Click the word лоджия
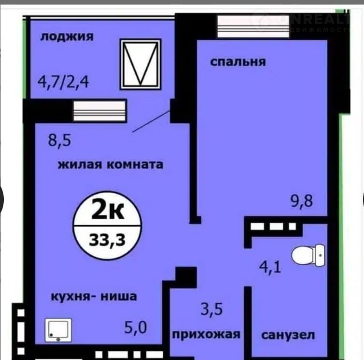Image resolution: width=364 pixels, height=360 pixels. pos(67,37)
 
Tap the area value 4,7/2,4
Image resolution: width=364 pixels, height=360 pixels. pos(63,82)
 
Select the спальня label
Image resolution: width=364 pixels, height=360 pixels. pos(238,62)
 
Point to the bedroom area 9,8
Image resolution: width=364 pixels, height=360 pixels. pos(302,201)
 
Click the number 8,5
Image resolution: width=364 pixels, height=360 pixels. pos(59,140)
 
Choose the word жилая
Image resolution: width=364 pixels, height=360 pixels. pos(80,165)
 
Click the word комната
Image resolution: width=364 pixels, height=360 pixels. pos(135,165)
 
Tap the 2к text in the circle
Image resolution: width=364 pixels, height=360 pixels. pos(108,210)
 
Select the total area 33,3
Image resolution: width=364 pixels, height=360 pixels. pos(107,240)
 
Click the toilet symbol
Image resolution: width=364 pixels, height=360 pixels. pos(308,255)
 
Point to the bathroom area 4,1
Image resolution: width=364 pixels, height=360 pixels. pos(270,267)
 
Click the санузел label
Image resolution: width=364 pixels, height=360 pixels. pos(288,335)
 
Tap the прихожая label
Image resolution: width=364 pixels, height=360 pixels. pos(206,335)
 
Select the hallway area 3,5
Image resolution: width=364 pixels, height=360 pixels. pos(211,309)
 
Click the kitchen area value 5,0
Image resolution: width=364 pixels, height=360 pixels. pos(136,328)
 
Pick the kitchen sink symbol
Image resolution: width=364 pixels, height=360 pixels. pos(58,330)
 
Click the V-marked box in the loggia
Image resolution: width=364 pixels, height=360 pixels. pos(140,64)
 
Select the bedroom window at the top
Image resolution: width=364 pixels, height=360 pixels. pos(253,26)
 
